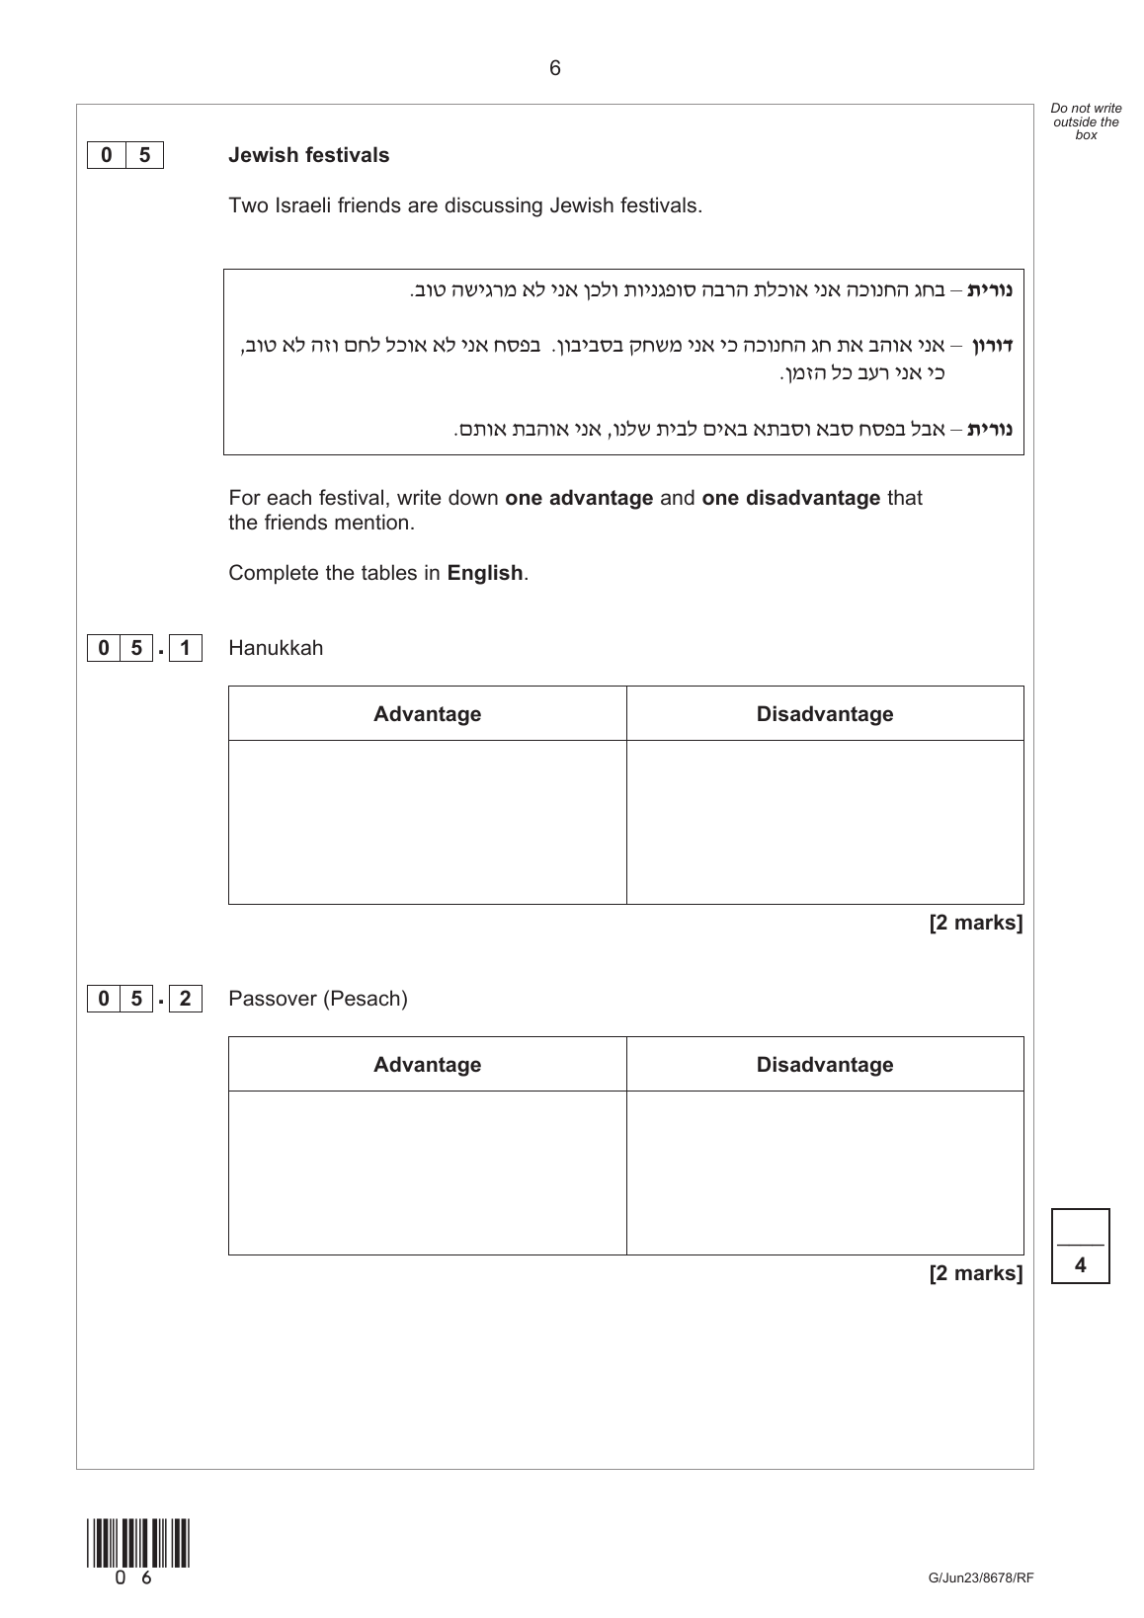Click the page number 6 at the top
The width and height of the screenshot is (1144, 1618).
coord(554,68)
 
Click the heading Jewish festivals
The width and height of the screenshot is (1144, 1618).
coord(308,155)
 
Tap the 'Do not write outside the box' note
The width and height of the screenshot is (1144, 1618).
coord(1086,121)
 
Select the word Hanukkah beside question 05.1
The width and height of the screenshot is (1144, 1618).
coord(276,648)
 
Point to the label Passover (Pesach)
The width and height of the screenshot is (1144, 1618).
coord(317,999)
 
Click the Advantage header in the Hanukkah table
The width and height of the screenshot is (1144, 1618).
coord(427,714)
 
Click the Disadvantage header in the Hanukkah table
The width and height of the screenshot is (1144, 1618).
coord(824,714)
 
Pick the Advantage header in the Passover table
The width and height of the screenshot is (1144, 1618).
coord(427,1065)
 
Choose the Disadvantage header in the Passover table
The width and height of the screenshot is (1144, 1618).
coord(824,1065)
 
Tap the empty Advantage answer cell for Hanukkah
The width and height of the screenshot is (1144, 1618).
coord(427,822)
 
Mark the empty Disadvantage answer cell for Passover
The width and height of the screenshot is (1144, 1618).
coord(824,1173)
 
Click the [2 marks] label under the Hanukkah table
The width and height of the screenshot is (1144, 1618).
coord(975,923)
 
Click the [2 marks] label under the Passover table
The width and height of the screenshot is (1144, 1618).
coord(975,1273)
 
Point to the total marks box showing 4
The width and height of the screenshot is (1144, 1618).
coord(1080,1247)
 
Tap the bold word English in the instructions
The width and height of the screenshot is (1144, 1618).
coord(484,573)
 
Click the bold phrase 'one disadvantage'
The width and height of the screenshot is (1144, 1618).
coord(790,498)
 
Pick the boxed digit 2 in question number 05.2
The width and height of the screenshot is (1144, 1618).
coord(185,999)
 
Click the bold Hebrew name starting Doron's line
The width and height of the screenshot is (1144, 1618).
coord(993,346)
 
